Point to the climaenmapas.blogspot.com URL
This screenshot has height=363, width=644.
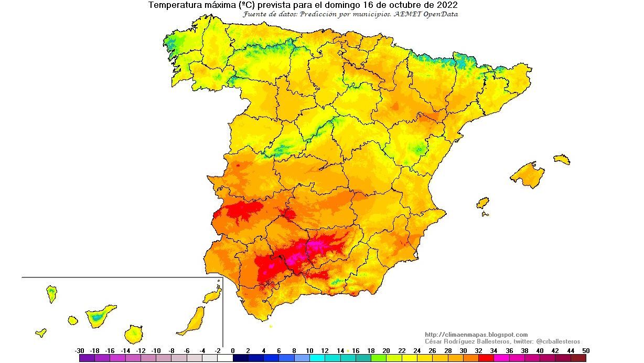click(476, 335)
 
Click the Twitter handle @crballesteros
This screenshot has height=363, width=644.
click(558, 341)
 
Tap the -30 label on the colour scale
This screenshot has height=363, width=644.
click(80, 350)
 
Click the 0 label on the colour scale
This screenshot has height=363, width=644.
click(233, 350)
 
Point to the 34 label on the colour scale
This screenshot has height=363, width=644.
click(493, 350)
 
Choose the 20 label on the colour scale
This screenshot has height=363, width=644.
click(386, 350)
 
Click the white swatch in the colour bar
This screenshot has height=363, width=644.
click(226, 358)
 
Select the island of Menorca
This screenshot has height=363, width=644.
click(561, 159)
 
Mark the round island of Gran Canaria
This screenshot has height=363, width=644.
click(134, 334)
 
